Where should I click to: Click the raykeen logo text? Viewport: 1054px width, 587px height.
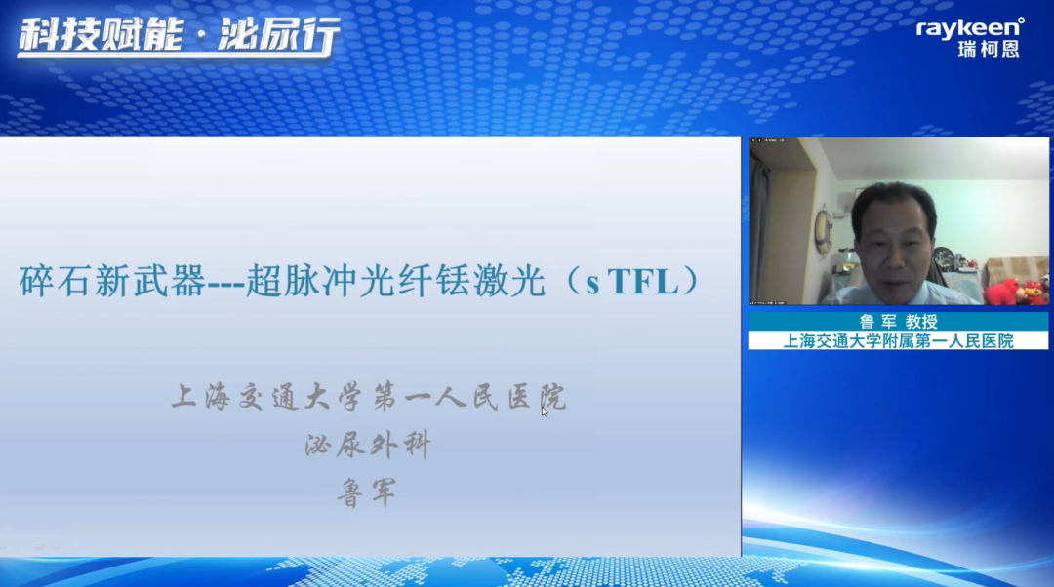tap(969, 28)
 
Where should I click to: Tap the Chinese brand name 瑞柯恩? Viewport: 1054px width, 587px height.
tap(989, 49)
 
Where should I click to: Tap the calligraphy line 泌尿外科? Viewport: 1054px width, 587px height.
tap(367, 446)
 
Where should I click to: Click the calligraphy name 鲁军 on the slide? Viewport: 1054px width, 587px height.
tap(367, 492)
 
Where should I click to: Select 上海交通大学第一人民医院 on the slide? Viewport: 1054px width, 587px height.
tap(369, 397)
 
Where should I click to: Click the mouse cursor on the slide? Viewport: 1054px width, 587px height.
tap(545, 411)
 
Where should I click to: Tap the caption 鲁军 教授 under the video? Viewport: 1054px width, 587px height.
tap(898, 321)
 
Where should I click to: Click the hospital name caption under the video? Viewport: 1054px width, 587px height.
tap(898, 341)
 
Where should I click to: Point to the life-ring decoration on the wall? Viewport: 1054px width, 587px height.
tap(824, 231)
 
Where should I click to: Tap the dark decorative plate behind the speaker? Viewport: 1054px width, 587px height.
tap(943, 257)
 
